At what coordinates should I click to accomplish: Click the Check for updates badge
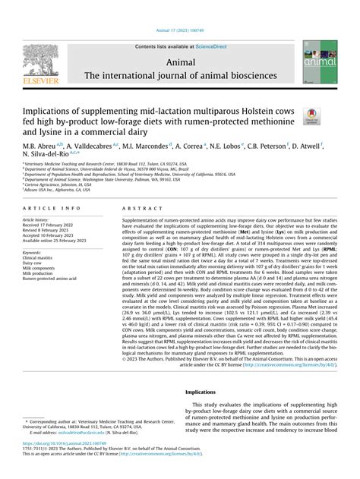[311, 115]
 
